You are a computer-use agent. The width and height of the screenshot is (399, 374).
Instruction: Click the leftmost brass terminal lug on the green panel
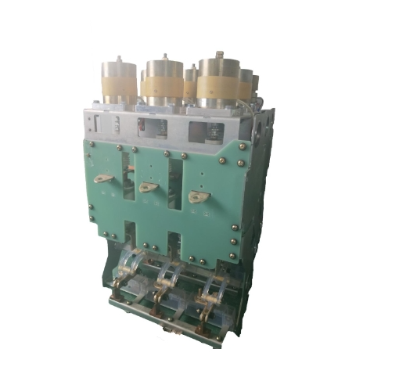coord(102,178)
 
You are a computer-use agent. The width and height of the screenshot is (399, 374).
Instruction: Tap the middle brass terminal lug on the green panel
coord(147,187)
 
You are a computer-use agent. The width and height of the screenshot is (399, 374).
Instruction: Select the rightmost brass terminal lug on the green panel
coord(197,197)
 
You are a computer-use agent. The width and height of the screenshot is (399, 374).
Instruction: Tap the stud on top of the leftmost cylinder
coord(120,59)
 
